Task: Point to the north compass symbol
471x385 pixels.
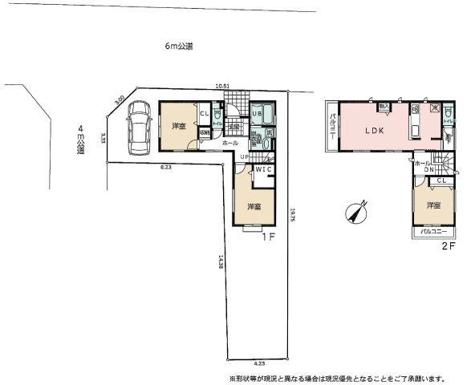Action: click(x=355, y=213)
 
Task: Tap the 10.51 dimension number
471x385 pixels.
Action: click(x=222, y=87)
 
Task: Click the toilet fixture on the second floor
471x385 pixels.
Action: click(x=446, y=115)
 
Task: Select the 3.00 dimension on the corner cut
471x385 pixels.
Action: click(x=120, y=100)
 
